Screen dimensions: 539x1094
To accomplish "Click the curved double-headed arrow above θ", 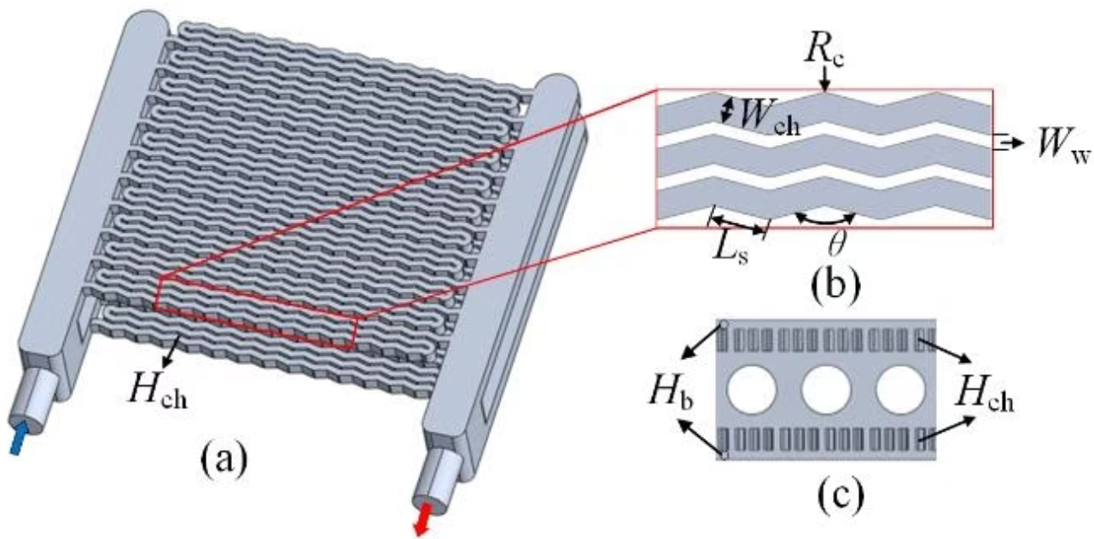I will click(x=824, y=219).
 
